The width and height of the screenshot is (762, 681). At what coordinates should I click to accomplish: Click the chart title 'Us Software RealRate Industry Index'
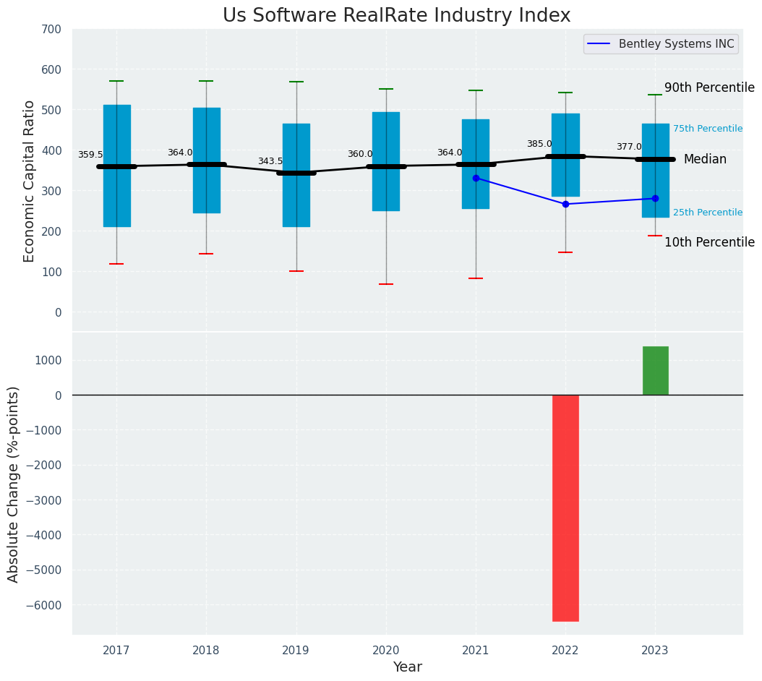pyautogui.click(x=396, y=15)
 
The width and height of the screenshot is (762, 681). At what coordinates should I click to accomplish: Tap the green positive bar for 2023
pyautogui.click(x=655, y=370)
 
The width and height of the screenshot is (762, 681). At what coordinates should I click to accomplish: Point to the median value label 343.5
pyautogui.click(x=270, y=161)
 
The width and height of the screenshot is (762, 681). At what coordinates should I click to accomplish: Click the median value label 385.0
pyautogui.click(x=539, y=144)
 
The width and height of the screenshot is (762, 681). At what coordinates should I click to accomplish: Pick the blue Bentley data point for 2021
pyautogui.click(x=476, y=178)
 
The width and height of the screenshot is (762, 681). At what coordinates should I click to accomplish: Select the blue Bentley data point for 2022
pyautogui.click(x=565, y=204)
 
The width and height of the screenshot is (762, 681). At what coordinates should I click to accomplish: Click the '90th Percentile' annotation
pyautogui.click(x=709, y=87)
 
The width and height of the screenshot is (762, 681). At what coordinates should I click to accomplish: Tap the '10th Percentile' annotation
pyautogui.click(x=709, y=242)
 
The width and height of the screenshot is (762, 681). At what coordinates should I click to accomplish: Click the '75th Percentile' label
pyautogui.click(x=708, y=129)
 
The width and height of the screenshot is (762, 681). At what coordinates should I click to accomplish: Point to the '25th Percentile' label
pyautogui.click(x=708, y=213)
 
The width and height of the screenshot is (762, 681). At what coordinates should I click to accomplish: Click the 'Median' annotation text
pyautogui.click(x=705, y=159)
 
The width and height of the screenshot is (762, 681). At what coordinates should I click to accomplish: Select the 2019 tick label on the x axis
pyautogui.click(x=296, y=651)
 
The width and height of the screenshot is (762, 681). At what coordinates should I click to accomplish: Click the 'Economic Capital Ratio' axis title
pyautogui.click(x=30, y=181)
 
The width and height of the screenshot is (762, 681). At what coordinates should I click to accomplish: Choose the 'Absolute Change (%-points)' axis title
pyautogui.click(x=14, y=484)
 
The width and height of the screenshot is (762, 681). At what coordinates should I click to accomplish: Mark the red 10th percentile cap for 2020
pyautogui.click(x=386, y=284)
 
